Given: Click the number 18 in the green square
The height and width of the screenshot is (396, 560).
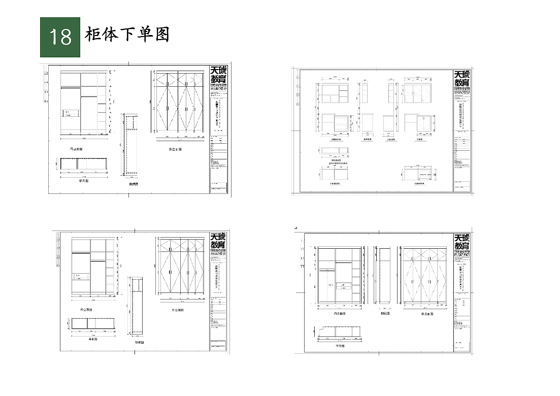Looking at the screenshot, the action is pos(60,37).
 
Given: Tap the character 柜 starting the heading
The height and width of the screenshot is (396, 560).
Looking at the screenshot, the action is pos(95,35).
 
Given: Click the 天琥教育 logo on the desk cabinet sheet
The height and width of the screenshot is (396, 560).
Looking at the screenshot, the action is pos(462,78).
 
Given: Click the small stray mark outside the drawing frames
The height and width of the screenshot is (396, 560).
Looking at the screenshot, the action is pos(295,228).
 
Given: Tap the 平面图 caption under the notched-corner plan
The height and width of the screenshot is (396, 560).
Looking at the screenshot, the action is pos(339,346).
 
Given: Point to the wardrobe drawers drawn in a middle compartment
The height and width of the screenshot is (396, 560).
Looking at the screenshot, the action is pos(347,287).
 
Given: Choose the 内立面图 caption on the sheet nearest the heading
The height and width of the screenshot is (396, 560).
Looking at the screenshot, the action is pos(77,149).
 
